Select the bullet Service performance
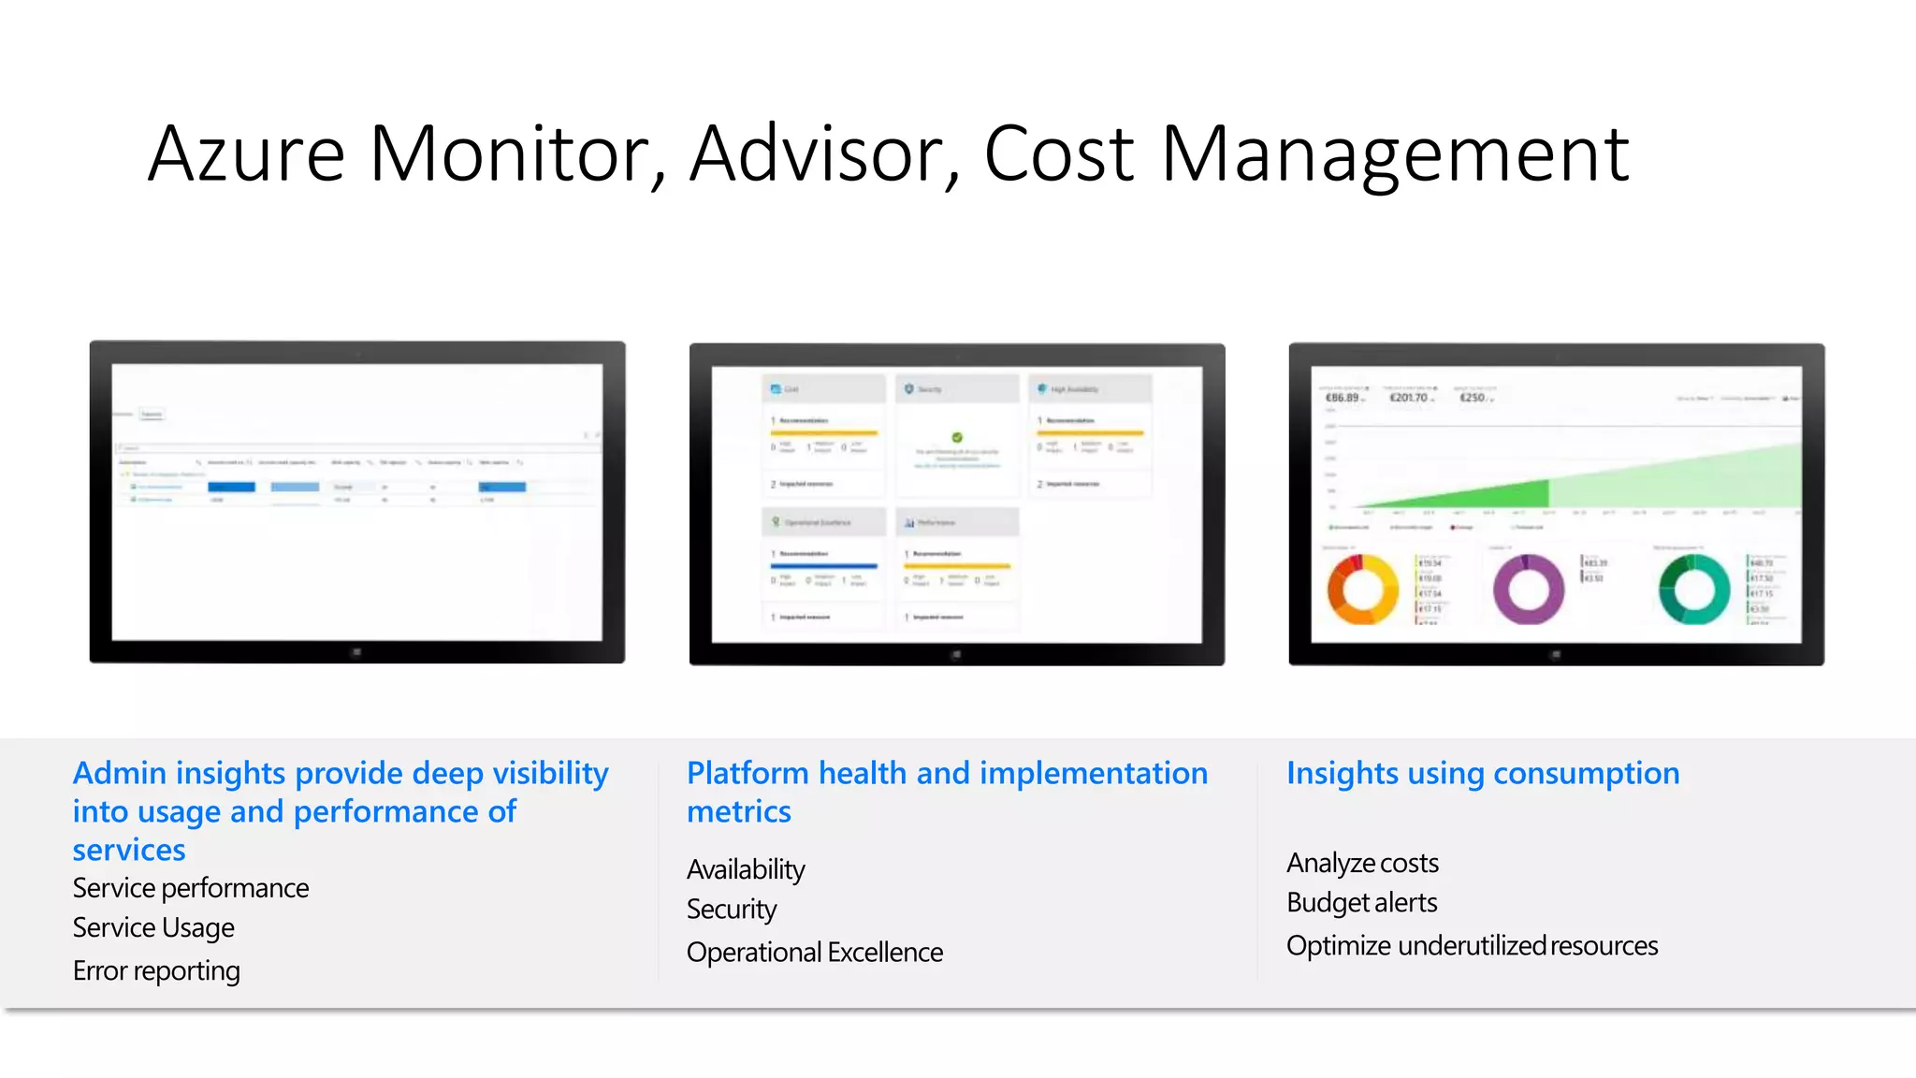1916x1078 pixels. [191, 888]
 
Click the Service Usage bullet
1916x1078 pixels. [153, 928]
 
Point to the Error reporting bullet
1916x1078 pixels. [156, 971]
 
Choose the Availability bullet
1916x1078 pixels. [746, 870]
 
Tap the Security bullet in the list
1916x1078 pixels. [732, 910]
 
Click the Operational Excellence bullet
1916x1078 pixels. [814, 953]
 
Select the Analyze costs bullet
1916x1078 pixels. [1362, 863]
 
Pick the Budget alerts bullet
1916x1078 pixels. [1361, 903]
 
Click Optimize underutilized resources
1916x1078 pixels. [1472, 946]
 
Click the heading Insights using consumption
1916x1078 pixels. [1483, 774]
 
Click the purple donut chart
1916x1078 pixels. [1529, 590]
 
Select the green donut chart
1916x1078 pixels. [1694, 590]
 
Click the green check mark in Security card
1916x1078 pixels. [957, 437]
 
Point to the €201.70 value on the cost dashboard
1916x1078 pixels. [1409, 398]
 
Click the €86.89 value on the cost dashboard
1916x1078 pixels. [1343, 398]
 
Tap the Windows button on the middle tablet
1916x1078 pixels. [956, 654]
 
